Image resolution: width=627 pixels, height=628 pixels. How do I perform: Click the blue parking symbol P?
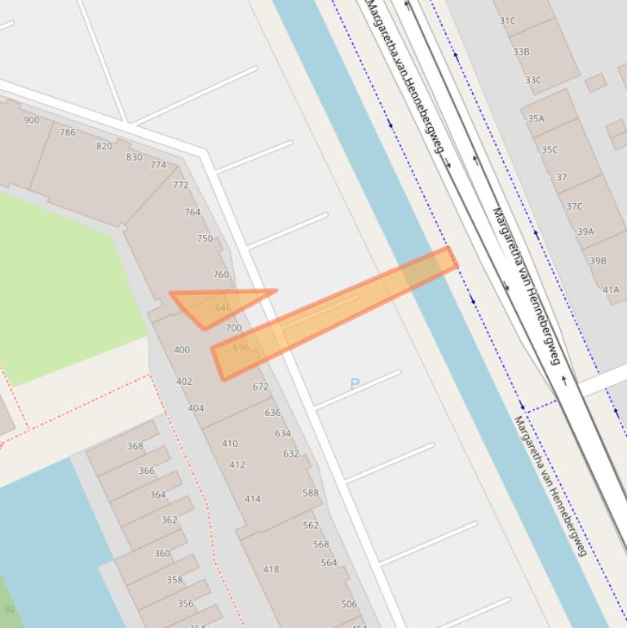click(x=355, y=384)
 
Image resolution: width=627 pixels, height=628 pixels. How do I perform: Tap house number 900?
click(x=31, y=120)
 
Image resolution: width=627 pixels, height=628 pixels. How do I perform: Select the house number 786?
click(x=68, y=132)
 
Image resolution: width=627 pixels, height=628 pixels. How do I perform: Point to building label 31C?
click(x=507, y=21)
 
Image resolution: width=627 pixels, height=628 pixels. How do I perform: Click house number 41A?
click(x=611, y=290)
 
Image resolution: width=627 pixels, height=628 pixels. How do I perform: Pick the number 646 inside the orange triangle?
click(x=223, y=307)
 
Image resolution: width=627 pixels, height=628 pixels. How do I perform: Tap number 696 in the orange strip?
click(x=241, y=347)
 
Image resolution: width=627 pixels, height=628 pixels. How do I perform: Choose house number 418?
click(x=271, y=569)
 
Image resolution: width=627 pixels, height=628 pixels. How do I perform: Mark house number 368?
click(x=135, y=446)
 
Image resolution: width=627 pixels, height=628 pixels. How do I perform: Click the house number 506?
click(x=349, y=604)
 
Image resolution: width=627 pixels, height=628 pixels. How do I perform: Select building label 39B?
click(x=598, y=261)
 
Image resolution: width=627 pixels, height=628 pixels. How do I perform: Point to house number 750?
click(x=205, y=239)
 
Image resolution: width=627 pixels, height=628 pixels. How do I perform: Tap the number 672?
click(x=260, y=387)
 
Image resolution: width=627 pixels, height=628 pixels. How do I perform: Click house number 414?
click(x=253, y=499)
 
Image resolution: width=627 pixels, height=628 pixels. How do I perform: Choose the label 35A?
click(x=536, y=118)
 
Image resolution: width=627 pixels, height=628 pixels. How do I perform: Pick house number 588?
click(x=311, y=493)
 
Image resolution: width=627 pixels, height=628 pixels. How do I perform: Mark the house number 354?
click(x=197, y=625)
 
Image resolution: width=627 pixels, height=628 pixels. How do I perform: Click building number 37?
click(x=562, y=177)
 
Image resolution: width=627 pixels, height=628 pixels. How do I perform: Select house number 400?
click(x=182, y=350)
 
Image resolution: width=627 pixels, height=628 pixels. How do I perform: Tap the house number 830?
click(x=134, y=157)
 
